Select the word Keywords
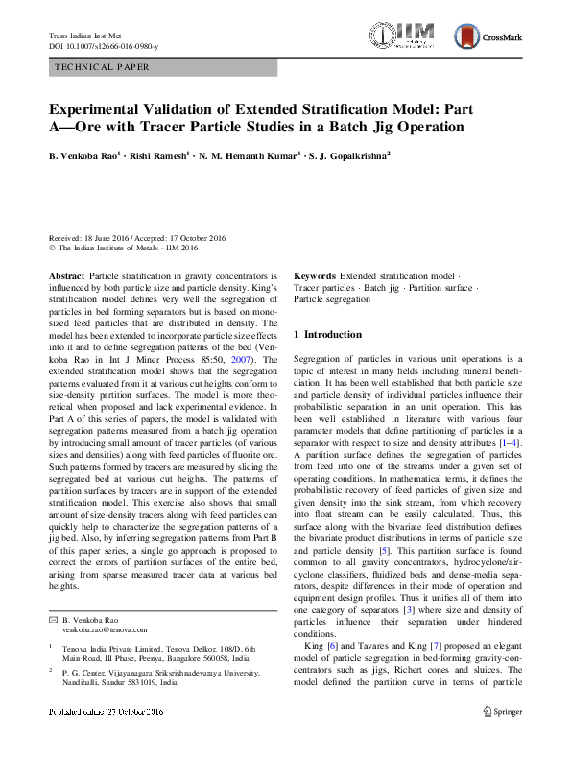(315, 274)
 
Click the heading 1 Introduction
(327, 335)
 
